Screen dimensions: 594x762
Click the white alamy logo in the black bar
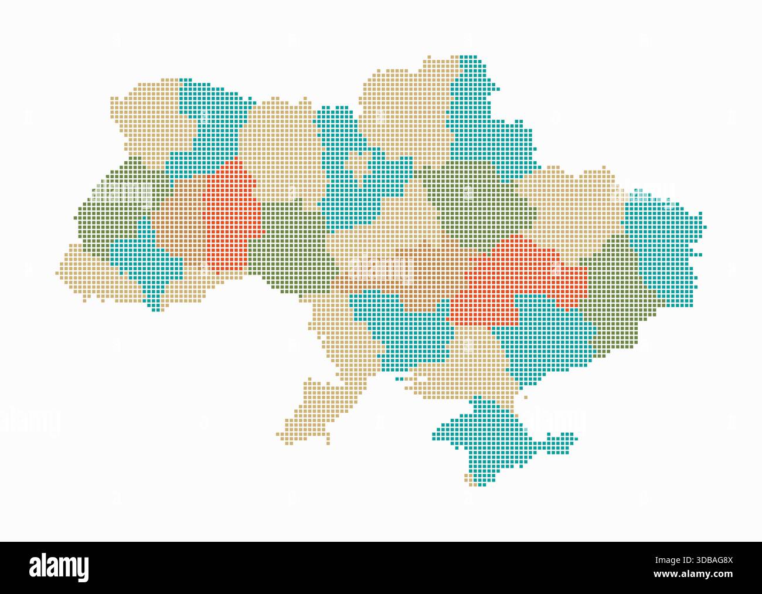59,567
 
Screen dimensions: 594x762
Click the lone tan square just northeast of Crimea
525,397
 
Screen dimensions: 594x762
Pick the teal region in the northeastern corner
481,123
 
